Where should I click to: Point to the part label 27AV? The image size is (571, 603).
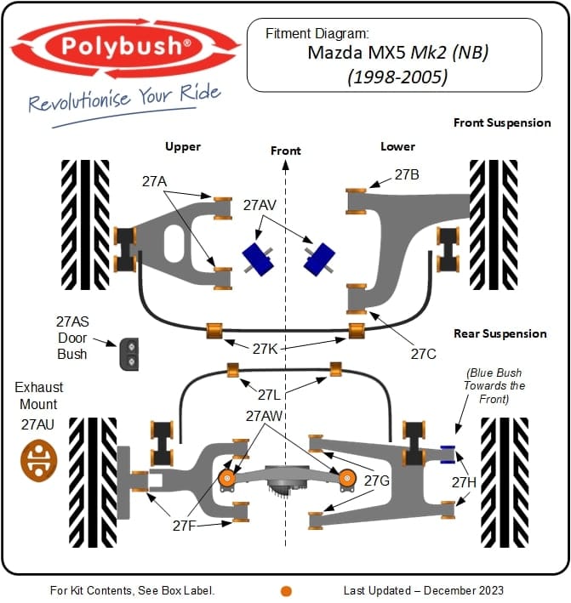click(260, 205)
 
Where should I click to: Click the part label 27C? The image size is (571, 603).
click(423, 353)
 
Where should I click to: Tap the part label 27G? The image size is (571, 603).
click(377, 481)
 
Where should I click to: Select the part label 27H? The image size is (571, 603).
click(464, 482)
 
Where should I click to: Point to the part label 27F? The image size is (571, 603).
click(186, 526)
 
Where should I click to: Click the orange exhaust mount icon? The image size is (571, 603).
click(38, 461)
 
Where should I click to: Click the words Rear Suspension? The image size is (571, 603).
click(500, 333)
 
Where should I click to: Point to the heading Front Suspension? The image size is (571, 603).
click(502, 122)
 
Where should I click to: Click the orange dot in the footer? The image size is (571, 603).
click(287, 590)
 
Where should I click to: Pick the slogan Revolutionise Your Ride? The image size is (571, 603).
click(124, 100)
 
